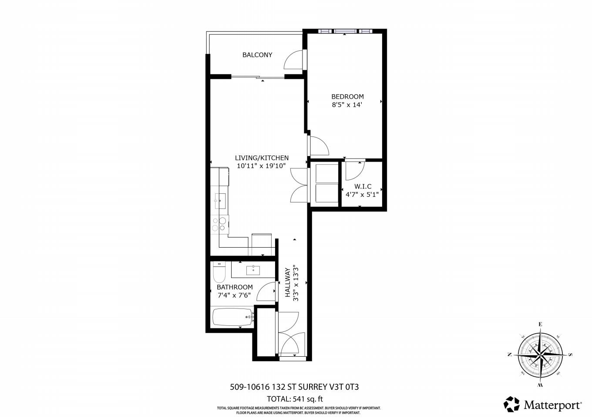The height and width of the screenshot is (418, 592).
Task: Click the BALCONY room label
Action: [x=257, y=55]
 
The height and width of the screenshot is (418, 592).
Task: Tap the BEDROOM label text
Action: [x=347, y=96]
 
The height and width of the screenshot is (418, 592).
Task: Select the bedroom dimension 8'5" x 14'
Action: [x=347, y=105]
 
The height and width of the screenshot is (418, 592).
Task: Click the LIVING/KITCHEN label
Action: [x=262, y=158]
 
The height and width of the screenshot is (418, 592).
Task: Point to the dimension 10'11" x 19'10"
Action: [x=261, y=166]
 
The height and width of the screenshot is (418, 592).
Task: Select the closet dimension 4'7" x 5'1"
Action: [x=362, y=195]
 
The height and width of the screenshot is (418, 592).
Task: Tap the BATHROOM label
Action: [x=235, y=287]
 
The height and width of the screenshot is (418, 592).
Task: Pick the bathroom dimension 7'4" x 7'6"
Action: [x=234, y=295]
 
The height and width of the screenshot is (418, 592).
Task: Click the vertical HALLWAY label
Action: [x=288, y=283]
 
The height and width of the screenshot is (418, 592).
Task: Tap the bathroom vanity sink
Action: [x=253, y=270]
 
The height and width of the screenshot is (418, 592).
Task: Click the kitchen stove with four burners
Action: [x=219, y=224]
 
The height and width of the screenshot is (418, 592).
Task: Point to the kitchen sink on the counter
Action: [x=220, y=201]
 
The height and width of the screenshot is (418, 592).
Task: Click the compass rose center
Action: [x=540, y=355]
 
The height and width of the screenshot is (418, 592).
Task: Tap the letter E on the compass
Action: [x=540, y=324]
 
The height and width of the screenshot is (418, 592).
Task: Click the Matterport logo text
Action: [x=552, y=405]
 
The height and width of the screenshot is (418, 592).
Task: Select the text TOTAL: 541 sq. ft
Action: [x=295, y=399]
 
